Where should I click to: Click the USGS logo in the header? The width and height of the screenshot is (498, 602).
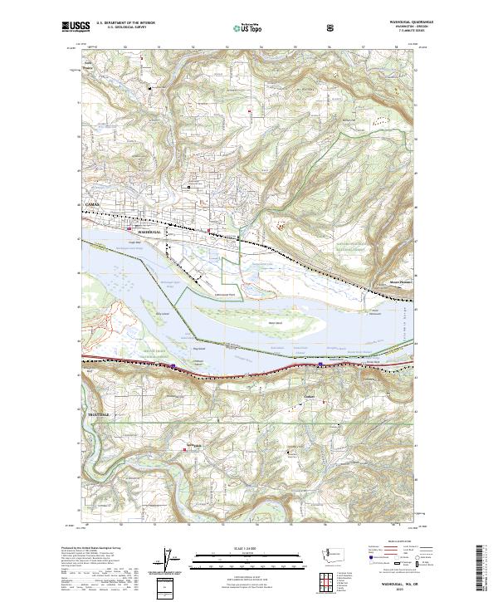[x=73, y=27]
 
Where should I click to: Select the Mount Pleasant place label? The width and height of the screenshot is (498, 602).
[x=400, y=281]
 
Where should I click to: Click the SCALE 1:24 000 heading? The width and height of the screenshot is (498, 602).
[x=248, y=547]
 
